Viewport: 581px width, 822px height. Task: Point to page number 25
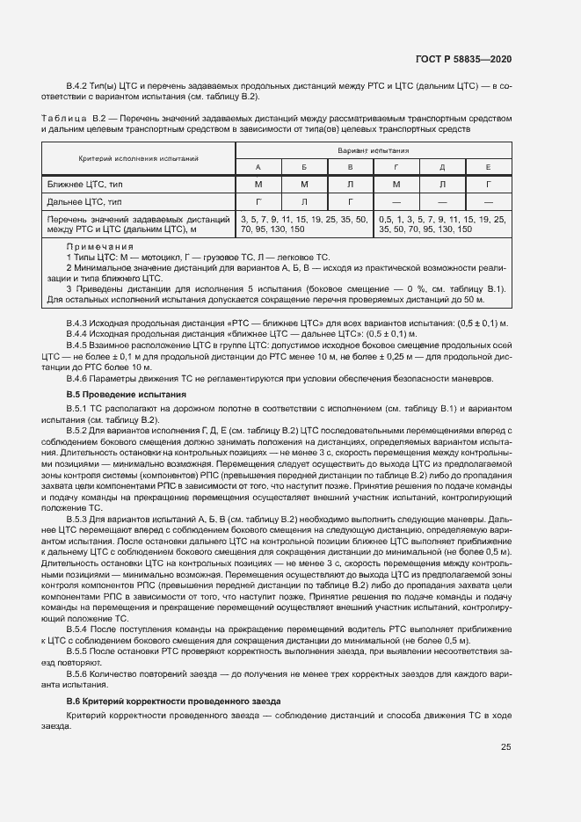coord(506,748)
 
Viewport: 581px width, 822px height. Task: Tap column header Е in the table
coord(488,166)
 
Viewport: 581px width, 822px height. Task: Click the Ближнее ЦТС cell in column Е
coord(488,184)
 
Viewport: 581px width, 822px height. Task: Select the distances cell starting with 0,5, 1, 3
coord(442,223)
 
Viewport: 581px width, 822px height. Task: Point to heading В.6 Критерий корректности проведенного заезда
coord(173,701)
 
